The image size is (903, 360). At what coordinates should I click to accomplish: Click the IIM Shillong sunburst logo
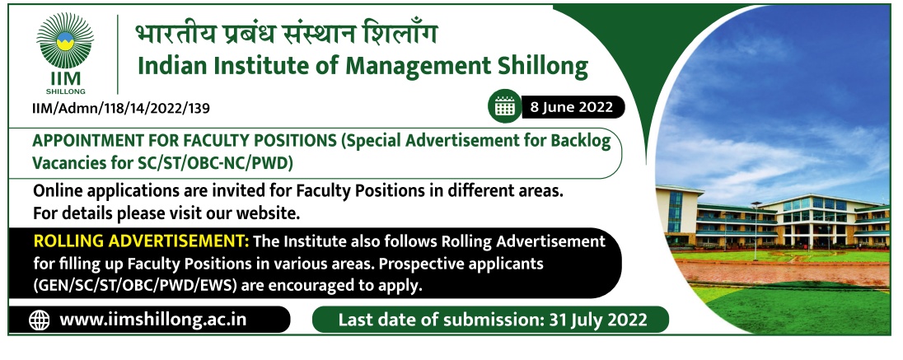click(64, 41)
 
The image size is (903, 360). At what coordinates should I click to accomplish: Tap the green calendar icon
click(504, 106)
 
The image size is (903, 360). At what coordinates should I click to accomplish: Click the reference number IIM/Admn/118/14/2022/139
click(121, 108)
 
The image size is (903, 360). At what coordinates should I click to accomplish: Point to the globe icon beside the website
click(40, 320)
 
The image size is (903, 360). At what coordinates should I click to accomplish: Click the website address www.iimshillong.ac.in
click(153, 319)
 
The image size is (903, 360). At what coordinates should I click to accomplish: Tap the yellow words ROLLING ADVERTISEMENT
click(141, 241)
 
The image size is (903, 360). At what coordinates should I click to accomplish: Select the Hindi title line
click(286, 34)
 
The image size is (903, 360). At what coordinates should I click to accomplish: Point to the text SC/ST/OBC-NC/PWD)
click(216, 164)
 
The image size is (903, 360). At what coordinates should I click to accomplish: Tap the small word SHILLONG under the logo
click(66, 91)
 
